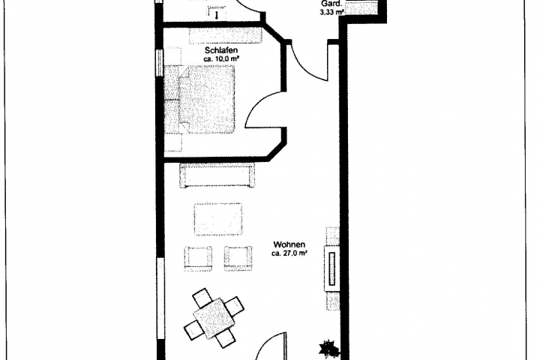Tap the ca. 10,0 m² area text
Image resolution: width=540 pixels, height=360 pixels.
coord(221,59)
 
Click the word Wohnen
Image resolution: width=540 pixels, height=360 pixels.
coord(289,244)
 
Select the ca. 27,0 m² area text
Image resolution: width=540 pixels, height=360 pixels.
coord(289,254)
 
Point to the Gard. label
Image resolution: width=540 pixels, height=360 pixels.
coord(331,4)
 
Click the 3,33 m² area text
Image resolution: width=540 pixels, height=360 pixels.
coord(332,13)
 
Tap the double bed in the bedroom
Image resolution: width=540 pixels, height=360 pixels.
coord(199,100)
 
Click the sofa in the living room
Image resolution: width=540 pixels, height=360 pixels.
coord(217,175)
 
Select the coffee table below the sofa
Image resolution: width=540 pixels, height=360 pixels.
coord(218,220)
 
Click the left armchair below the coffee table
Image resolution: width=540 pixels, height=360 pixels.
coord(198,258)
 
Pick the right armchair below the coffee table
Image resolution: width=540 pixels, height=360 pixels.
coord(238,258)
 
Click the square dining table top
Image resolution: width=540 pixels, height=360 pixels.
coord(214,318)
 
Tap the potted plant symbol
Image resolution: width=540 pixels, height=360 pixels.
coord(328,348)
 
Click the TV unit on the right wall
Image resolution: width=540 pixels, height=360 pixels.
coord(332,268)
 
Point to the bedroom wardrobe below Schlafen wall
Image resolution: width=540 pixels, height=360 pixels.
coord(226,36)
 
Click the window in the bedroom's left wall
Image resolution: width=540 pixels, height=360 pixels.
coord(159,62)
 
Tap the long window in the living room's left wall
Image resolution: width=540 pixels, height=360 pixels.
coord(160,299)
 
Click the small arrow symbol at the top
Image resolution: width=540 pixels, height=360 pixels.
coord(216,15)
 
